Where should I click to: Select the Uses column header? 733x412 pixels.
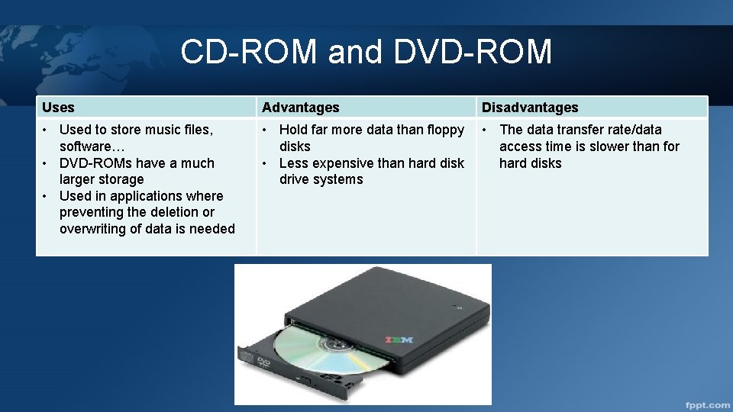(x=58, y=108)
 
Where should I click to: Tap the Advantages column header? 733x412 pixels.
(x=301, y=108)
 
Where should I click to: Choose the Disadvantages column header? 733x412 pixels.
(x=530, y=108)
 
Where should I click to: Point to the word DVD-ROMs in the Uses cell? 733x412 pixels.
(x=93, y=163)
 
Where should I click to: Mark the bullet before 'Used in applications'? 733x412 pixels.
(x=46, y=196)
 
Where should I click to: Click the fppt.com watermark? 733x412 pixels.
(x=706, y=404)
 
